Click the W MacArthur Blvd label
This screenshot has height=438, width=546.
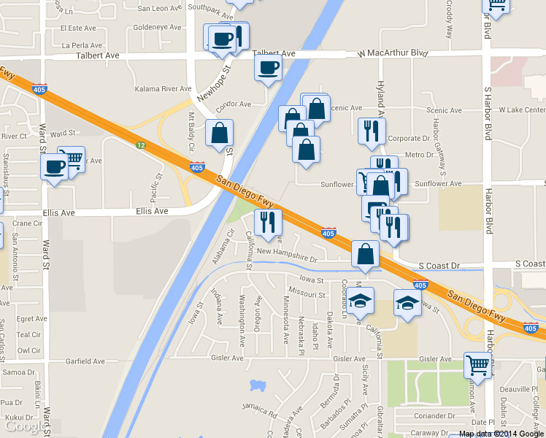[x=393, y=53]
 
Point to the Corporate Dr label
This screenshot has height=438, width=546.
[x=409, y=138]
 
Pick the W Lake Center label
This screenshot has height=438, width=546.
[x=521, y=109]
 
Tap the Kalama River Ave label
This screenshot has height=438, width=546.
[x=164, y=88]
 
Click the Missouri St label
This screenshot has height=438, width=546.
[x=307, y=294]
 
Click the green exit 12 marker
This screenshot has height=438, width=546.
[x=141, y=145]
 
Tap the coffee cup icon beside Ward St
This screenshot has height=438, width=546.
[x=55, y=167]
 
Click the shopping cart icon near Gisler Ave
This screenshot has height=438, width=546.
[x=477, y=364]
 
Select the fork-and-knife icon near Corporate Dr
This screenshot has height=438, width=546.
[x=372, y=131]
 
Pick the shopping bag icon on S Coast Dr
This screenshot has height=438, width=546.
[x=365, y=255]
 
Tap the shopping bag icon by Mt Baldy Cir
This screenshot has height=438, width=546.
[x=219, y=134]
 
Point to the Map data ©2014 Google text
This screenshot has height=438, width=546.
[x=501, y=434]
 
